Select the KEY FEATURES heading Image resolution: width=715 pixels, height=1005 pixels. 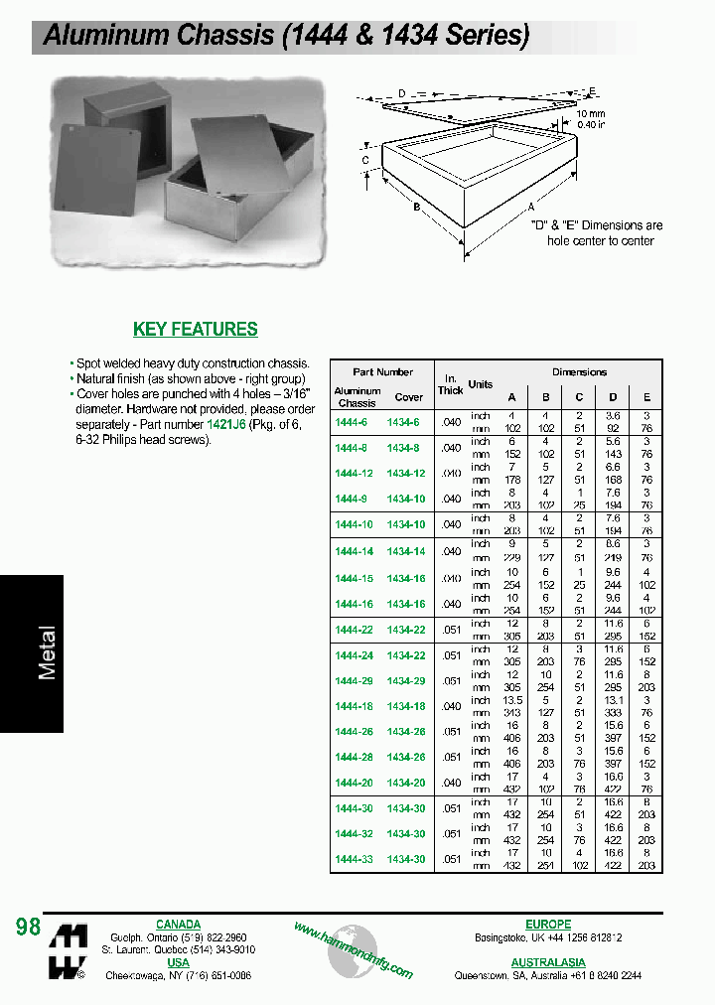tap(196, 329)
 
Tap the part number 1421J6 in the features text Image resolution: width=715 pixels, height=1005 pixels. tap(225, 423)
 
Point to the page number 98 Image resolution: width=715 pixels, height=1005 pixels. tap(28, 927)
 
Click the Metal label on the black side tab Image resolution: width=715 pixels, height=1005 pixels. tap(47, 652)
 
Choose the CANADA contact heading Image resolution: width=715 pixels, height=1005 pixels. tap(178, 925)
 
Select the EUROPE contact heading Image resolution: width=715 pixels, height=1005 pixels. tap(547, 925)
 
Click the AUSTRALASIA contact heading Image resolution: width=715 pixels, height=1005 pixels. tap(548, 962)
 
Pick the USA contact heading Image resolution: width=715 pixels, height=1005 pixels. tap(178, 962)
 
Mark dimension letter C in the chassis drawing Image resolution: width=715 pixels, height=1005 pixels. tap(365, 160)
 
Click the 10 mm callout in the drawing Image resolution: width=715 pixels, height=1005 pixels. tap(591, 114)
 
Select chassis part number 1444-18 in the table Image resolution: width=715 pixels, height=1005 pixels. tap(354, 706)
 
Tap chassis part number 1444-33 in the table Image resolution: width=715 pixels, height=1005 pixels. tap(354, 859)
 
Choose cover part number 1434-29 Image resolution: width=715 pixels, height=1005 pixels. tap(406, 680)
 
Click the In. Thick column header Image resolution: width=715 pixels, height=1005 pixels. tap(451, 384)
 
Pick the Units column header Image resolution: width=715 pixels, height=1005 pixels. tap(481, 384)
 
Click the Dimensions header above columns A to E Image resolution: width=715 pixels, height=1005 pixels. tap(579, 371)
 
